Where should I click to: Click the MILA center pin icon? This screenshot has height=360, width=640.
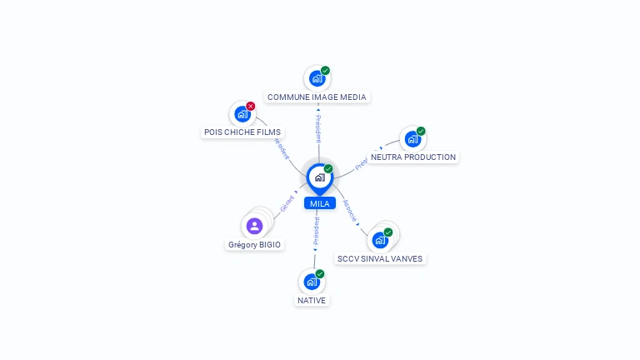319,177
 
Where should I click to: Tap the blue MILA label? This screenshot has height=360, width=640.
319,203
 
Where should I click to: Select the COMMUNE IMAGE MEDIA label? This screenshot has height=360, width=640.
317,97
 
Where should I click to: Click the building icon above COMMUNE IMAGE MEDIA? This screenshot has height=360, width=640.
316,79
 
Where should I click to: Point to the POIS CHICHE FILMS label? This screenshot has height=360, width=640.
242,132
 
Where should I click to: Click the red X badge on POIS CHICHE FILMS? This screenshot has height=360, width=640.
250,107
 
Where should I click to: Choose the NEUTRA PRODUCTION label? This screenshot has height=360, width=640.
413,157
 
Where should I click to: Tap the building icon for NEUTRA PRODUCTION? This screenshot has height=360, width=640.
412,139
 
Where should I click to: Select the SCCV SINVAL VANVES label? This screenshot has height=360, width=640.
380,258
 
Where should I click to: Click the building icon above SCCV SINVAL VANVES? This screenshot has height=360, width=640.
380,240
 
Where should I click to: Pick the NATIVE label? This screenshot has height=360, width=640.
312,300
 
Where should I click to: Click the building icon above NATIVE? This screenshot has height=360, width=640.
312,282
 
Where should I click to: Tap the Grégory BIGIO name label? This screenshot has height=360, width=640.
255,245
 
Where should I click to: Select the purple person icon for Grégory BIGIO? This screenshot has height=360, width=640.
255,226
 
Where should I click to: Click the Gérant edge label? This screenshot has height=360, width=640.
287,202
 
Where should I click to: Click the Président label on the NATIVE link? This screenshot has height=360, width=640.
316,232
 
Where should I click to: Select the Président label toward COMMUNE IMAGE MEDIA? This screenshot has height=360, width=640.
317,129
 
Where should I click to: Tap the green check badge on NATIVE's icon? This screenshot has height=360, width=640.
320,273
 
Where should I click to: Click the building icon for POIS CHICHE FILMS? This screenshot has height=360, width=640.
242,114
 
